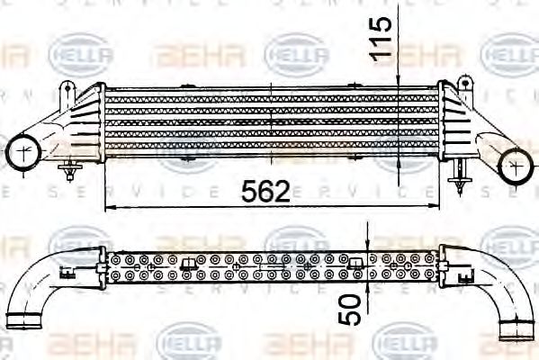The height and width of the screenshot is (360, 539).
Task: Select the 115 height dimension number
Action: (x=383, y=38)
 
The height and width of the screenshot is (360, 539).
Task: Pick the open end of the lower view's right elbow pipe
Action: (x=518, y=321)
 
